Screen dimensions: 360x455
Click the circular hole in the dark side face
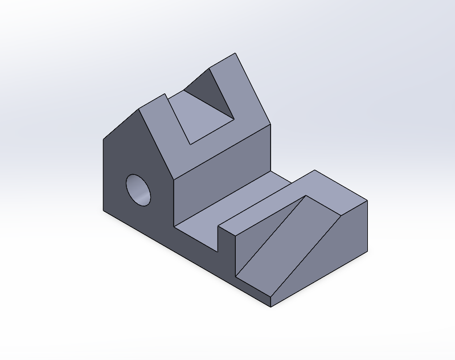(x=139, y=189)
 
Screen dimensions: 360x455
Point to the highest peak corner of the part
(x=236, y=54)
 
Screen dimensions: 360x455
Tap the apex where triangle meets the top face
(x=306, y=196)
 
